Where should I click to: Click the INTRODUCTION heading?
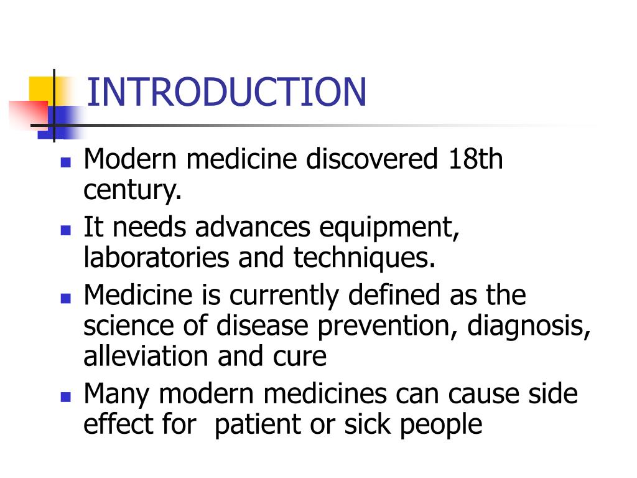[x=226, y=92]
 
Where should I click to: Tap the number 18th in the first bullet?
[x=474, y=160]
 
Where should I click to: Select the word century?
[x=133, y=190]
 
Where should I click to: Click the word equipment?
[x=389, y=228]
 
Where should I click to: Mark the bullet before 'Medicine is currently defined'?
[x=65, y=298]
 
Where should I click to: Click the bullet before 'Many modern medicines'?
[x=65, y=396]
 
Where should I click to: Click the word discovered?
[x=372, y=160]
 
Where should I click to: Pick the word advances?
[x=252, y=228]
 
